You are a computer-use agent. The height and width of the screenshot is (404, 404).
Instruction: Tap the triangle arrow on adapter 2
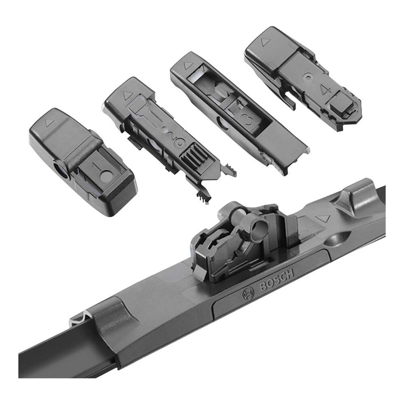coord(128,96)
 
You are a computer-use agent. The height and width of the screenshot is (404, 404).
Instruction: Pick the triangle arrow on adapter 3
coord(188,65)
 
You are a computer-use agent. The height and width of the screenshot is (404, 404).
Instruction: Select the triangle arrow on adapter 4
coord(265,42)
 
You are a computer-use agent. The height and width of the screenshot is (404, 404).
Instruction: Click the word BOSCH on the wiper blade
coord(277,280)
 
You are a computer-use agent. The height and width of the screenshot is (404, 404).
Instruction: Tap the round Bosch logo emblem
coord(248,293)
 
